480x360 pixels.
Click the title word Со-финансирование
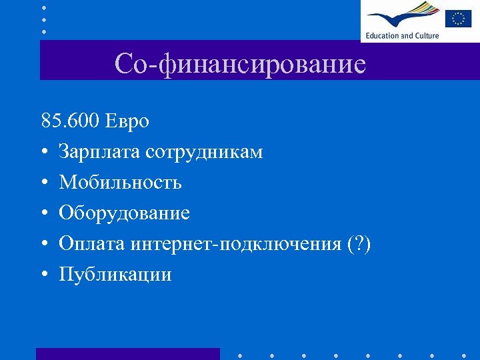pyautogui.click(x=240, y=65)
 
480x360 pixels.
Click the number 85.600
pyautogui.click(x=69, y=121)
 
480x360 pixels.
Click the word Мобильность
pyautogui.click(x=120, y=183)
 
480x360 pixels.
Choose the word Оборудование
pyautogui.click(x=124, y=213)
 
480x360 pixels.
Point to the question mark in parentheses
pyautogui.click(x=359, y=244)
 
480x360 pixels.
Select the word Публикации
pyautogui.click(x=115, y=275)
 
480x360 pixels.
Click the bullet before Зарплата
pyautogui.click(x=44, y=153)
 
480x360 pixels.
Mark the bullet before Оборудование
pyautogui.click(x=44, y=214)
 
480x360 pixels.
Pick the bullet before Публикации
pyautogui.click(x=44, y=275)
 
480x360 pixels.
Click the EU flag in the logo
pyautogui.click(x=459, y=17)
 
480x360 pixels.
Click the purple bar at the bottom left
pyautogui.click(x=127, y=353)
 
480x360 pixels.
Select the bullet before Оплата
pyautogui.click(x=44, y=245)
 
